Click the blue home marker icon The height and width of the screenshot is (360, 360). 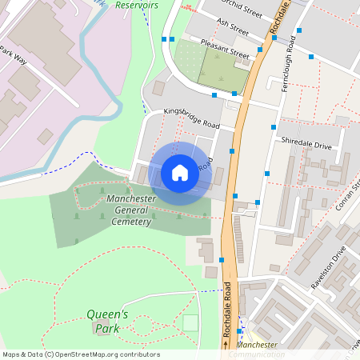[x=180, y=172]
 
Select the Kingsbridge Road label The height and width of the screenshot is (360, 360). [x=191, y=118]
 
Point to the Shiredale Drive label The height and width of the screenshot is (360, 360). [x=306, y=146]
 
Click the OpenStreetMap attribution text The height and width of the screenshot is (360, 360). [x=81, y=354]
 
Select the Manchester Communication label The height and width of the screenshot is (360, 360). [x=258, y=350]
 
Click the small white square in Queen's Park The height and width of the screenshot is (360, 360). [x=190, y=322]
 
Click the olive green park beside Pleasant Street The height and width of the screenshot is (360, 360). [x=223, y=70]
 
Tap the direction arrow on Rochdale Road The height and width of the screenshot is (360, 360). [x=226, y=343]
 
